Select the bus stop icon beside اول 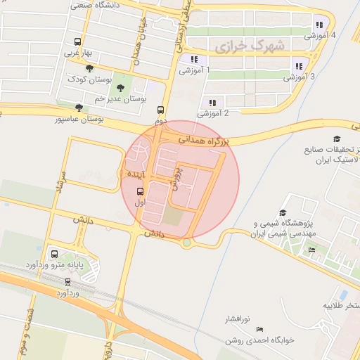click(139, 191)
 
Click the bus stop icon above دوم click(161, 110)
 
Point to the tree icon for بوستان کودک click(89, 68)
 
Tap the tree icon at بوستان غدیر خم click(121, 87)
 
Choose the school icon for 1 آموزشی click(194, 59)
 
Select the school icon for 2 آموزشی click(212, 103)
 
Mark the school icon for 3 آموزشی click(299, 66)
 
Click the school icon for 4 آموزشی click(319, 25)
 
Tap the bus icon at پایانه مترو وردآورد click(55, 254)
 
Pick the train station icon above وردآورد click(67, 281)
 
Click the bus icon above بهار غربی click(77, 41)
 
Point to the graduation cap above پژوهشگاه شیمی click(283, 212)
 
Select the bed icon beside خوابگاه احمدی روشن click(260, 329)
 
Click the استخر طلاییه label click(342, 307)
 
